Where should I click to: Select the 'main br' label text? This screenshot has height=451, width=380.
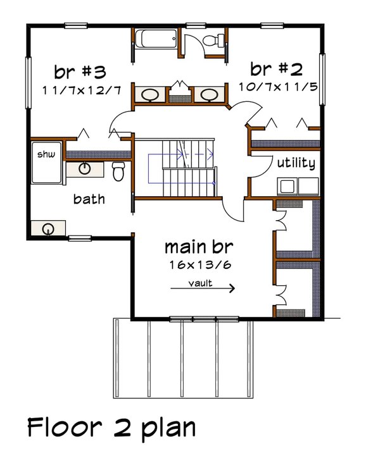tap(197, 245)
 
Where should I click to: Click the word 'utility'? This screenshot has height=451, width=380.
tap(296, 163)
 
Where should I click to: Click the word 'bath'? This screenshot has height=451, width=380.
tap(89, 199)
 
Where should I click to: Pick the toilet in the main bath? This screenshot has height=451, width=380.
tap(118, 170)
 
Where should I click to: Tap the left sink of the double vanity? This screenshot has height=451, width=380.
tap(149, 95)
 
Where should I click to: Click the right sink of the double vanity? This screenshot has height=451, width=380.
tap(208, 95)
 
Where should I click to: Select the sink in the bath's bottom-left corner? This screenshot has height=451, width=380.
tap(48, 229)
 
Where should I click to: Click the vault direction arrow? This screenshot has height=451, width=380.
tap(203, 288)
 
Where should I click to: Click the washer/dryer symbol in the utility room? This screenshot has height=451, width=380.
tap(298, 187)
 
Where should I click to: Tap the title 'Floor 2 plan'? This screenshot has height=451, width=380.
tap(111, 427)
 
